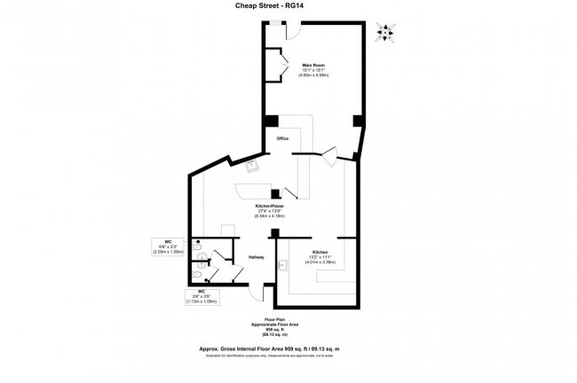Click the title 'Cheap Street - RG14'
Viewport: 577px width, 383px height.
pos(288,7)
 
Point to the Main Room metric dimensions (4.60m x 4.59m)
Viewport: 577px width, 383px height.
pos(313,76)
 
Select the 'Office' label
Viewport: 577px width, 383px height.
pos(282,139)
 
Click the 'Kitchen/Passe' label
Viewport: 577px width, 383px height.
pos(269,205)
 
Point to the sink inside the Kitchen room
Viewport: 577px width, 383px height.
pos(283,264)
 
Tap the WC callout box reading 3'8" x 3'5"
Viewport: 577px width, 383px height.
pos(202,296)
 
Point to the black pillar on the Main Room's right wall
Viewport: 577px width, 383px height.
pos(358,121)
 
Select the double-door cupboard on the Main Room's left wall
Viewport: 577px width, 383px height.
pos(278,66)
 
